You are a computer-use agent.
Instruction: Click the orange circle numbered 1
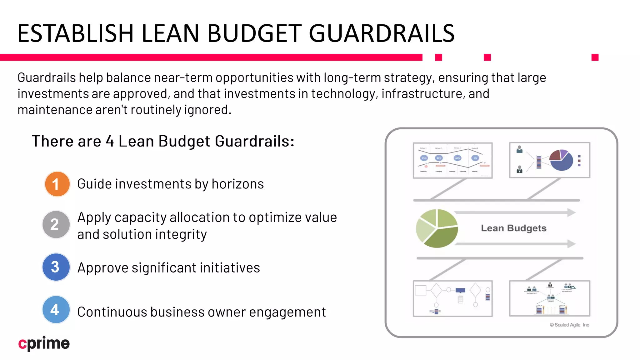click(x=57, y=184)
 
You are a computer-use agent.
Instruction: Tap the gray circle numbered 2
click(x=56, y=224)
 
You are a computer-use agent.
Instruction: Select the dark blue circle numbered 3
click(x=56, y=267)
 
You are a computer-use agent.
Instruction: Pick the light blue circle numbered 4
click(x=56, y=309)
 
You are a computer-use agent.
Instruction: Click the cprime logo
click(x=44, y=343)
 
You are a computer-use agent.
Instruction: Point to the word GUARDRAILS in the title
click(x=382, y=33)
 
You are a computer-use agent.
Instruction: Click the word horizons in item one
click(x=237, y=184)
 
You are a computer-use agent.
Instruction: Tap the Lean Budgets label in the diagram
click(x=513, y=228)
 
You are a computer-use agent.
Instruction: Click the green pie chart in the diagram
click(x=437, y=228)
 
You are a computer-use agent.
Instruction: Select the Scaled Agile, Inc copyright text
click(x=569, y=325)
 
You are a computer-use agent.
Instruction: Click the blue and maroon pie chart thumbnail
click(x=550, y=160)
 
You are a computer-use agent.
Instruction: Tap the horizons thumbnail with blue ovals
click(x=452, y=160)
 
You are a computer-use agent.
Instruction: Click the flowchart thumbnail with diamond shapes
click(x=452, y=298)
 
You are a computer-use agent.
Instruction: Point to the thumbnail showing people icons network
click(x=550, y=298)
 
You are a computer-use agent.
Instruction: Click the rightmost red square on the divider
click(x=595, y=57)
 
